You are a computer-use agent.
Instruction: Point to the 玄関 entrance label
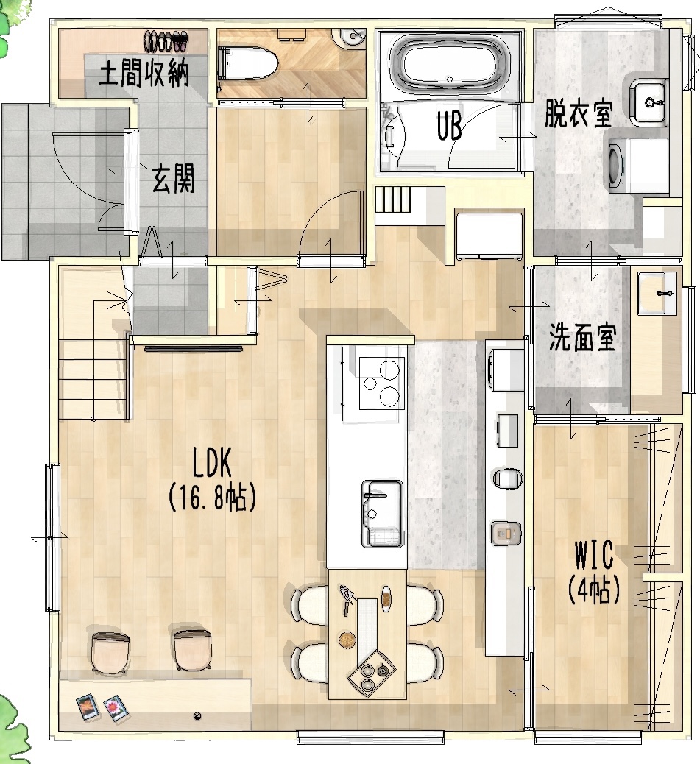174,178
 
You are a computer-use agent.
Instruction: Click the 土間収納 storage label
144,75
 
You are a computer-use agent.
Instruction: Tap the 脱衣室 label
579,114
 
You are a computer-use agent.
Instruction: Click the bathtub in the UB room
449,63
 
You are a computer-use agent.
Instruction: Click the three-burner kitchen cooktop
382,382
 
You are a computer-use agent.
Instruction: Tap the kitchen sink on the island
382,512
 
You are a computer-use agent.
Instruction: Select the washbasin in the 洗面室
657,294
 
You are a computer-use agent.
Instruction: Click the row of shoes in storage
166,40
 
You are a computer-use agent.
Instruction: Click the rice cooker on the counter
504,534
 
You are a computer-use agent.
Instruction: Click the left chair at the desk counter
109,651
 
